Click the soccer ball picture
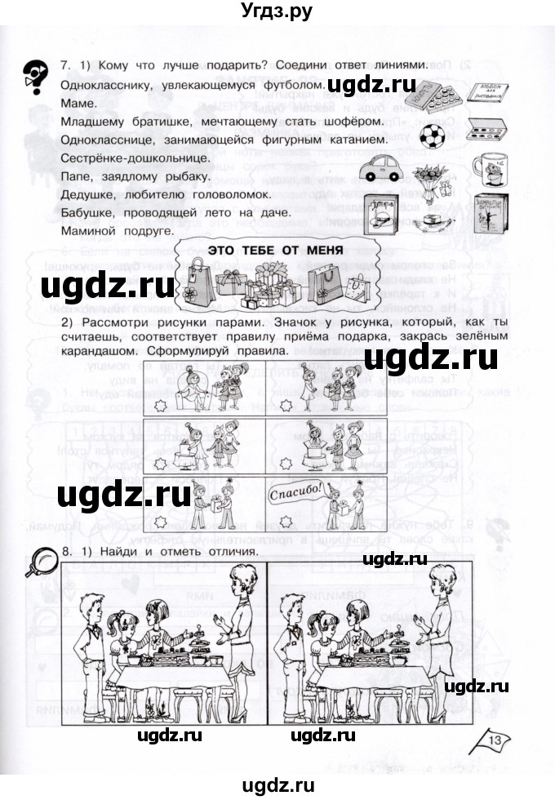[428, 133]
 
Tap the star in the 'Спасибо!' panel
[284, 521]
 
